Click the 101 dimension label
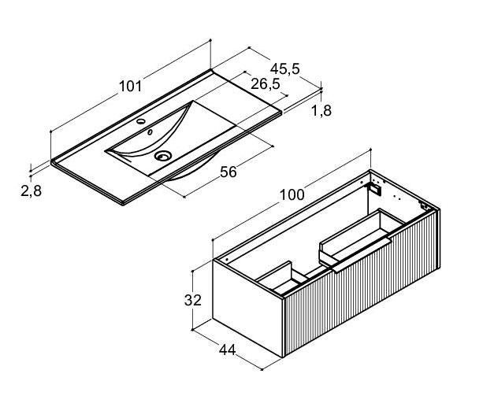(131, 86)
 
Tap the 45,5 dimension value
(285, 69)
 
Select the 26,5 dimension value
(266, 83)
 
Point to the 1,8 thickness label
(321, 110)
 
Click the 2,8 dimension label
(31, 191)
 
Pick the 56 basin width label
(228, 172)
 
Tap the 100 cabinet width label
(292, 195)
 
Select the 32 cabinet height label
(193, 300)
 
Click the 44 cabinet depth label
(228, 350)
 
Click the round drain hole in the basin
(163, 156)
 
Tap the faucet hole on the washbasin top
(141, 121)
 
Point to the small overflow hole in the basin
(150, 132)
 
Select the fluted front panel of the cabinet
(362, 284)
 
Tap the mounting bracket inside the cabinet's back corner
(375, 189)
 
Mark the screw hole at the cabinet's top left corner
(227, 260)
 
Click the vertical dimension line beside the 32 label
(192, 301)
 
